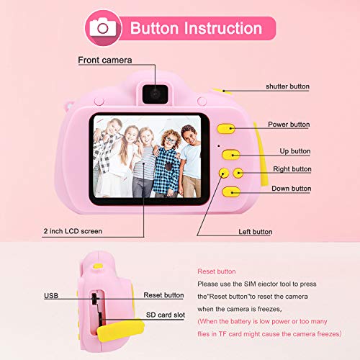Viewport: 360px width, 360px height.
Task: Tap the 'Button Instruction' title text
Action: tap(195, 28)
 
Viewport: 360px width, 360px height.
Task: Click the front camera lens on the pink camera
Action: tap(155, 91)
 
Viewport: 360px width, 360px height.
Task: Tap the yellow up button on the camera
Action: tap(230, 154)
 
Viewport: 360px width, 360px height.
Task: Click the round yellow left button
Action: tap(223, 173)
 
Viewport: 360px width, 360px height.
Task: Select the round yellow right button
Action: tap(238, 173)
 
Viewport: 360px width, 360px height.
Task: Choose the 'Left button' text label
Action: tap(255, 233)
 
